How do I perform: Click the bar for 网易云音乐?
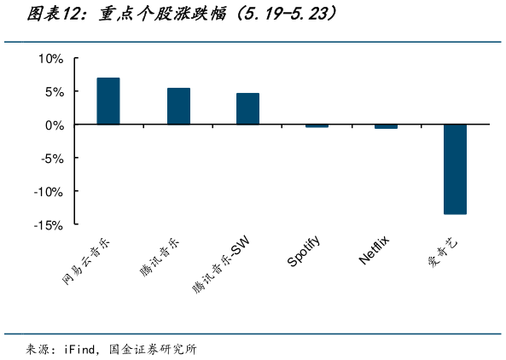click(x=108, y=102)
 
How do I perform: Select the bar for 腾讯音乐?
click(x=178, y=107)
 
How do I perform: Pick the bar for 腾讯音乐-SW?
click(x=247, y=109)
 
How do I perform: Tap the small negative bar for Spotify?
click(x=317, y=126)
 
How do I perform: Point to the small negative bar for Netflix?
click(x=386, y=126)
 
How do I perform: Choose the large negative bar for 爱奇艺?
click(x=455, y=169)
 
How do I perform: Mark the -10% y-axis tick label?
click(x=48, y=191)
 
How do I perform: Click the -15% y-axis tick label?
click(x=48, y=224)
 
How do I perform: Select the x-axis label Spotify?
click(x=304, y=251)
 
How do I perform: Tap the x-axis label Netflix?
click(x=374, y=248)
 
